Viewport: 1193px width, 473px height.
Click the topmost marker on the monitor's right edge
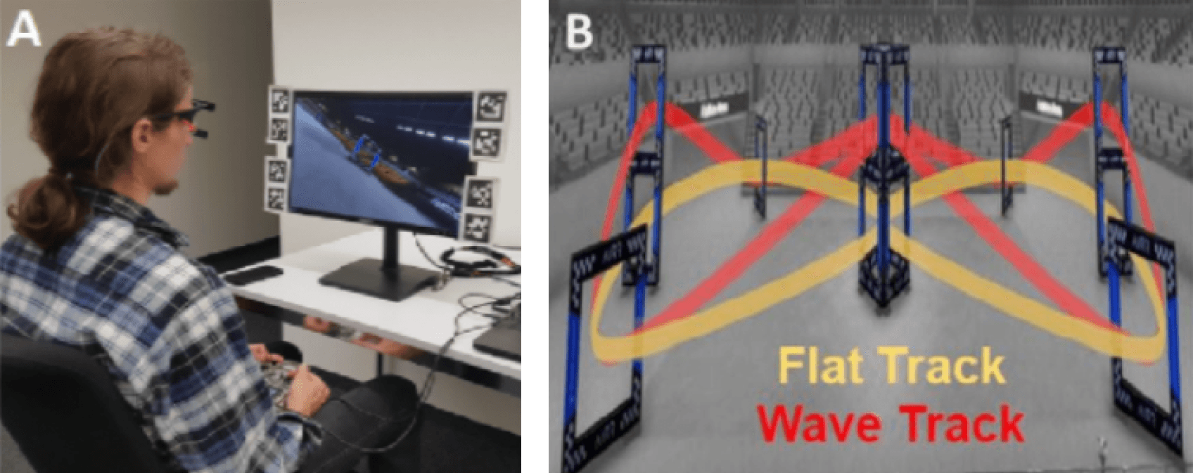pos(487,106)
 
